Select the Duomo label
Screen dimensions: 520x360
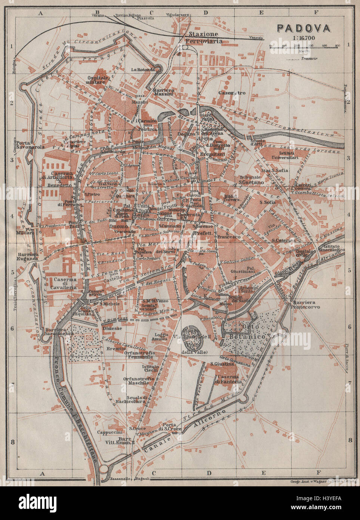(x=117, y=226)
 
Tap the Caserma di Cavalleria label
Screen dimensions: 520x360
(x=65, y=284)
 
